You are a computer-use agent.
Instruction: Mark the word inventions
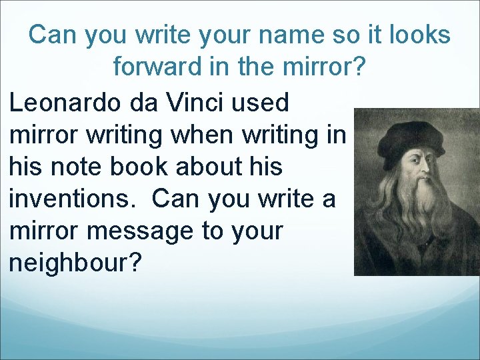tap(73, 199)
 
